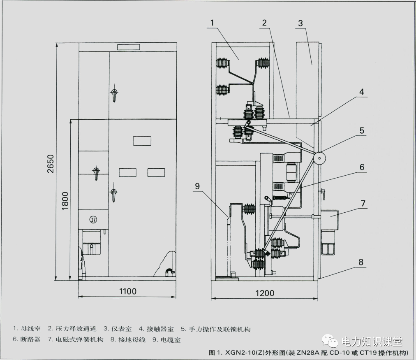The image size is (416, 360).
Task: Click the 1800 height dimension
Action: coord(65,200)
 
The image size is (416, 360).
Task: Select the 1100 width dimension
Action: coord(127,291)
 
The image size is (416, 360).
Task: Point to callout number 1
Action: coord(213,23)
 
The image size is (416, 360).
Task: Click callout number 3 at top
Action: coord(300,23)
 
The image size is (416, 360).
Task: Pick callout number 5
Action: coord(361,131)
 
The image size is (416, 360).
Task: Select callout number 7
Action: coord(363,203)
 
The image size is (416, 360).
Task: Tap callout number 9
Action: coord(197,186)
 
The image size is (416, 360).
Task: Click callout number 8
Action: coord(361,262)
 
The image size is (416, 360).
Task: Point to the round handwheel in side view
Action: coord(319,158)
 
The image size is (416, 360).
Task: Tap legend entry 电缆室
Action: coord(171,340)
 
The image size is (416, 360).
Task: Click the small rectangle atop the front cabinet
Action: coord(128,47)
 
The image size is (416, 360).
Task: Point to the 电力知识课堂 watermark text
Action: coord(372,341)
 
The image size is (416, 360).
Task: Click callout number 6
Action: coord(362,167)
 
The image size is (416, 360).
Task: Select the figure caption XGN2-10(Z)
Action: coord(238,353)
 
